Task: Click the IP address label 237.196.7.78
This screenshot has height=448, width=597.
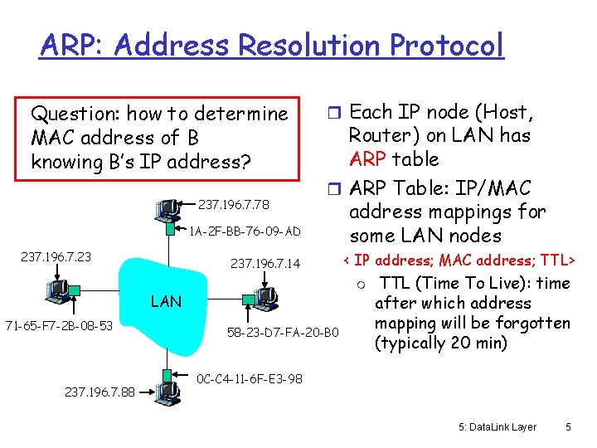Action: (235, 205)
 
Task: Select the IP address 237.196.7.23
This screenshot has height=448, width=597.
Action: (56, 257)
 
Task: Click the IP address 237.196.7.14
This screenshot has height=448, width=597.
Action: (265, 265)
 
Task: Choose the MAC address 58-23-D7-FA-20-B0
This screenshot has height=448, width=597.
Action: (283, 333)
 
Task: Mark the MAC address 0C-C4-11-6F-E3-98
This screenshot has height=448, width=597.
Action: (250, 379)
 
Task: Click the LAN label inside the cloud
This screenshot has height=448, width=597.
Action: (166, 301)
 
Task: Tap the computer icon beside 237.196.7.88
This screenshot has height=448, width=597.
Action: (168, 389)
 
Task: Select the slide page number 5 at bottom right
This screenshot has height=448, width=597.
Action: (568, 427)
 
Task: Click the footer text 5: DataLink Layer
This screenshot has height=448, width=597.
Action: (498, 427)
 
